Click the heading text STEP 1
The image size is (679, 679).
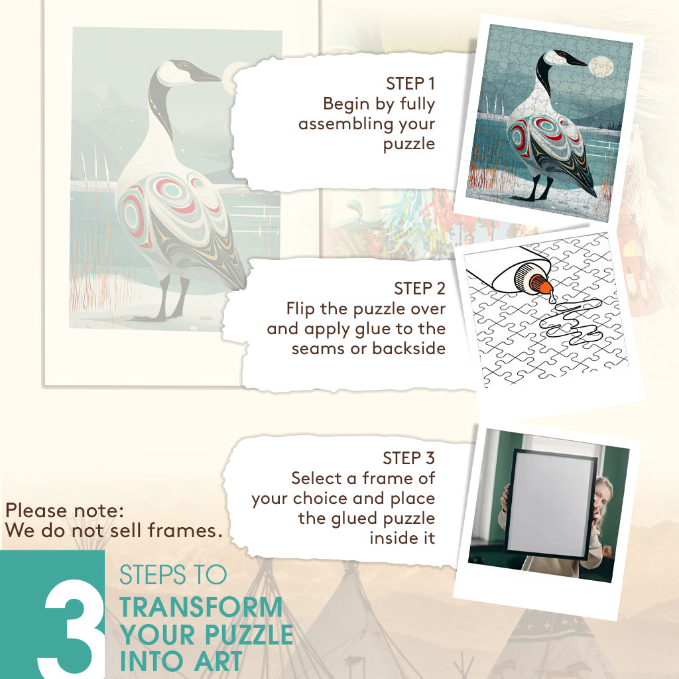410,84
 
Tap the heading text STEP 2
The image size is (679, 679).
419,288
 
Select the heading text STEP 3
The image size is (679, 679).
408,458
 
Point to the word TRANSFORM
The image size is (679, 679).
201,607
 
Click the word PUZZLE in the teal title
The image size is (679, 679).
249,635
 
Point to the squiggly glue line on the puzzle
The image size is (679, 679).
571,320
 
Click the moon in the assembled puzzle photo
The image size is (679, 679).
601,67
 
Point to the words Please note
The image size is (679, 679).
64,511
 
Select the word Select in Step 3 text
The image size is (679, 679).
316,478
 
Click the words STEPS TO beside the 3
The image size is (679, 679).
173,575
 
